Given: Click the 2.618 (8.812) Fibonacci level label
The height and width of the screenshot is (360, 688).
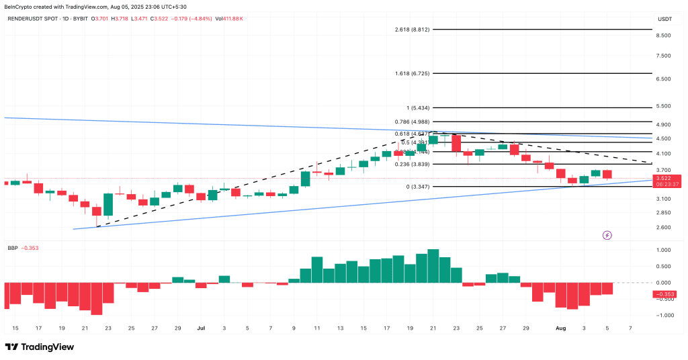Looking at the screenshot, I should pos(412,30).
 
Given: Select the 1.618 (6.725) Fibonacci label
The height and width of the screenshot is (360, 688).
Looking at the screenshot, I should pos(412,73).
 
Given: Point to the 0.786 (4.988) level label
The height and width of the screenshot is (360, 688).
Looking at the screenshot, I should pos(412,122).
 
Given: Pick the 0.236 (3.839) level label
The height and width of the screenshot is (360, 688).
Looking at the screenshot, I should pos(412,165).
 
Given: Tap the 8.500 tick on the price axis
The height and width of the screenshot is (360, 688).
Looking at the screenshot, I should pos(664,36).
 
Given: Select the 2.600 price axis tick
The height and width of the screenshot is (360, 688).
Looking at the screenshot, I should pos(664,227).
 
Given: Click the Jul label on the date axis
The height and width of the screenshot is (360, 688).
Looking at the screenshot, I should pos(201,328).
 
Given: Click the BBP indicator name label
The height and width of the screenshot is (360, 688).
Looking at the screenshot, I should pos(11,248).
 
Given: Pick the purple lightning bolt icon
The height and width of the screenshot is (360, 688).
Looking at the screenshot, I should pos(607,235).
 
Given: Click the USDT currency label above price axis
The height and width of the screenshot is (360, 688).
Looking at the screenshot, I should pos(664,18).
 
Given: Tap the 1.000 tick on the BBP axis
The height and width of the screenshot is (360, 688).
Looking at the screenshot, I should pos(664,250).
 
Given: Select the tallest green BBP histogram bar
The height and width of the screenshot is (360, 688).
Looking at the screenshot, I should pos(433,266).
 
